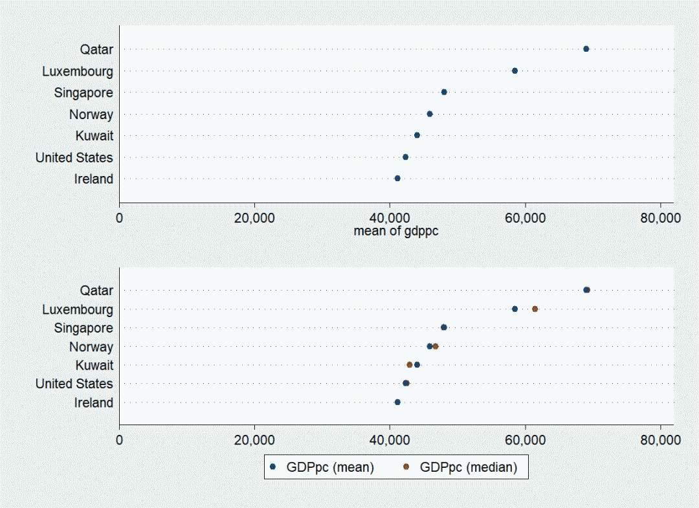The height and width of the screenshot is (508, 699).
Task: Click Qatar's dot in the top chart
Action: point(586,49)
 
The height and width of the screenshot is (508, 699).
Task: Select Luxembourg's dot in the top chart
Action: point(515,71)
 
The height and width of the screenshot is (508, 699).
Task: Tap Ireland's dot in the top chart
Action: point(397,178)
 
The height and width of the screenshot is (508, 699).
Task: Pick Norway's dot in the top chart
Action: point(430,114)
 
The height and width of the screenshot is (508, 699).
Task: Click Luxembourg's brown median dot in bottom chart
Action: point(535,309)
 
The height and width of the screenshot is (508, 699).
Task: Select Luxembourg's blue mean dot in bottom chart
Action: point(515,309)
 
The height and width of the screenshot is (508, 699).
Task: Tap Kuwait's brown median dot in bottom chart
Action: point(410,364)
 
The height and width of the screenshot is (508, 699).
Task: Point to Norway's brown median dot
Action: point(436,346)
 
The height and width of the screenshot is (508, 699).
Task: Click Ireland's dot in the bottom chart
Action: point(397,402)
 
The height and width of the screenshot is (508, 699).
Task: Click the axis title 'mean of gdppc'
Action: point(396,231)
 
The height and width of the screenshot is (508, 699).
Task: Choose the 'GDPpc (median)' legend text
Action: point(469,467)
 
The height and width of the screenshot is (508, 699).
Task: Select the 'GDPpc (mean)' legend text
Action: point(330,467)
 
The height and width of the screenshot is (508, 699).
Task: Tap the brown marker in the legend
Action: point(406,467)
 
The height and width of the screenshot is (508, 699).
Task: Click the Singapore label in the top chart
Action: point(83,93)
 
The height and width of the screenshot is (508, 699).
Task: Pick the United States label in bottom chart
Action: point(74,384)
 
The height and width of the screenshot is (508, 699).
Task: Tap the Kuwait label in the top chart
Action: point(94,135)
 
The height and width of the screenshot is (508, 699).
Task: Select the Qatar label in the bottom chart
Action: point(96,291)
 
